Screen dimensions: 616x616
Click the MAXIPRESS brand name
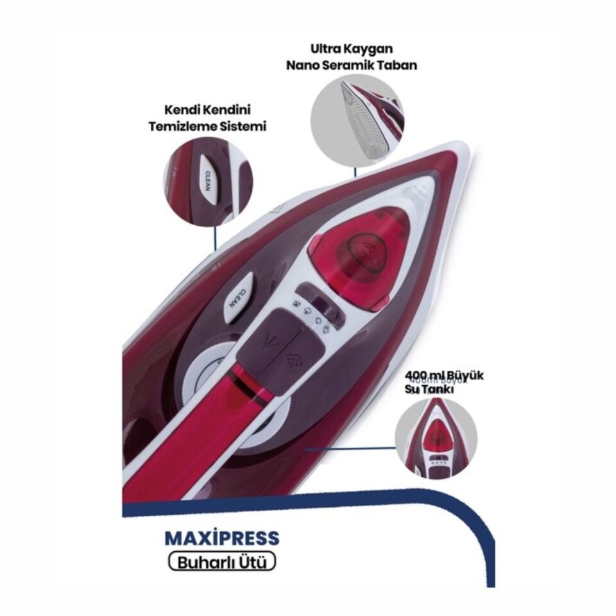pyautogui.click(x=223, y=537)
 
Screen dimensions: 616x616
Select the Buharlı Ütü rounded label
pyautogui.click(x=222, y=561)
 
